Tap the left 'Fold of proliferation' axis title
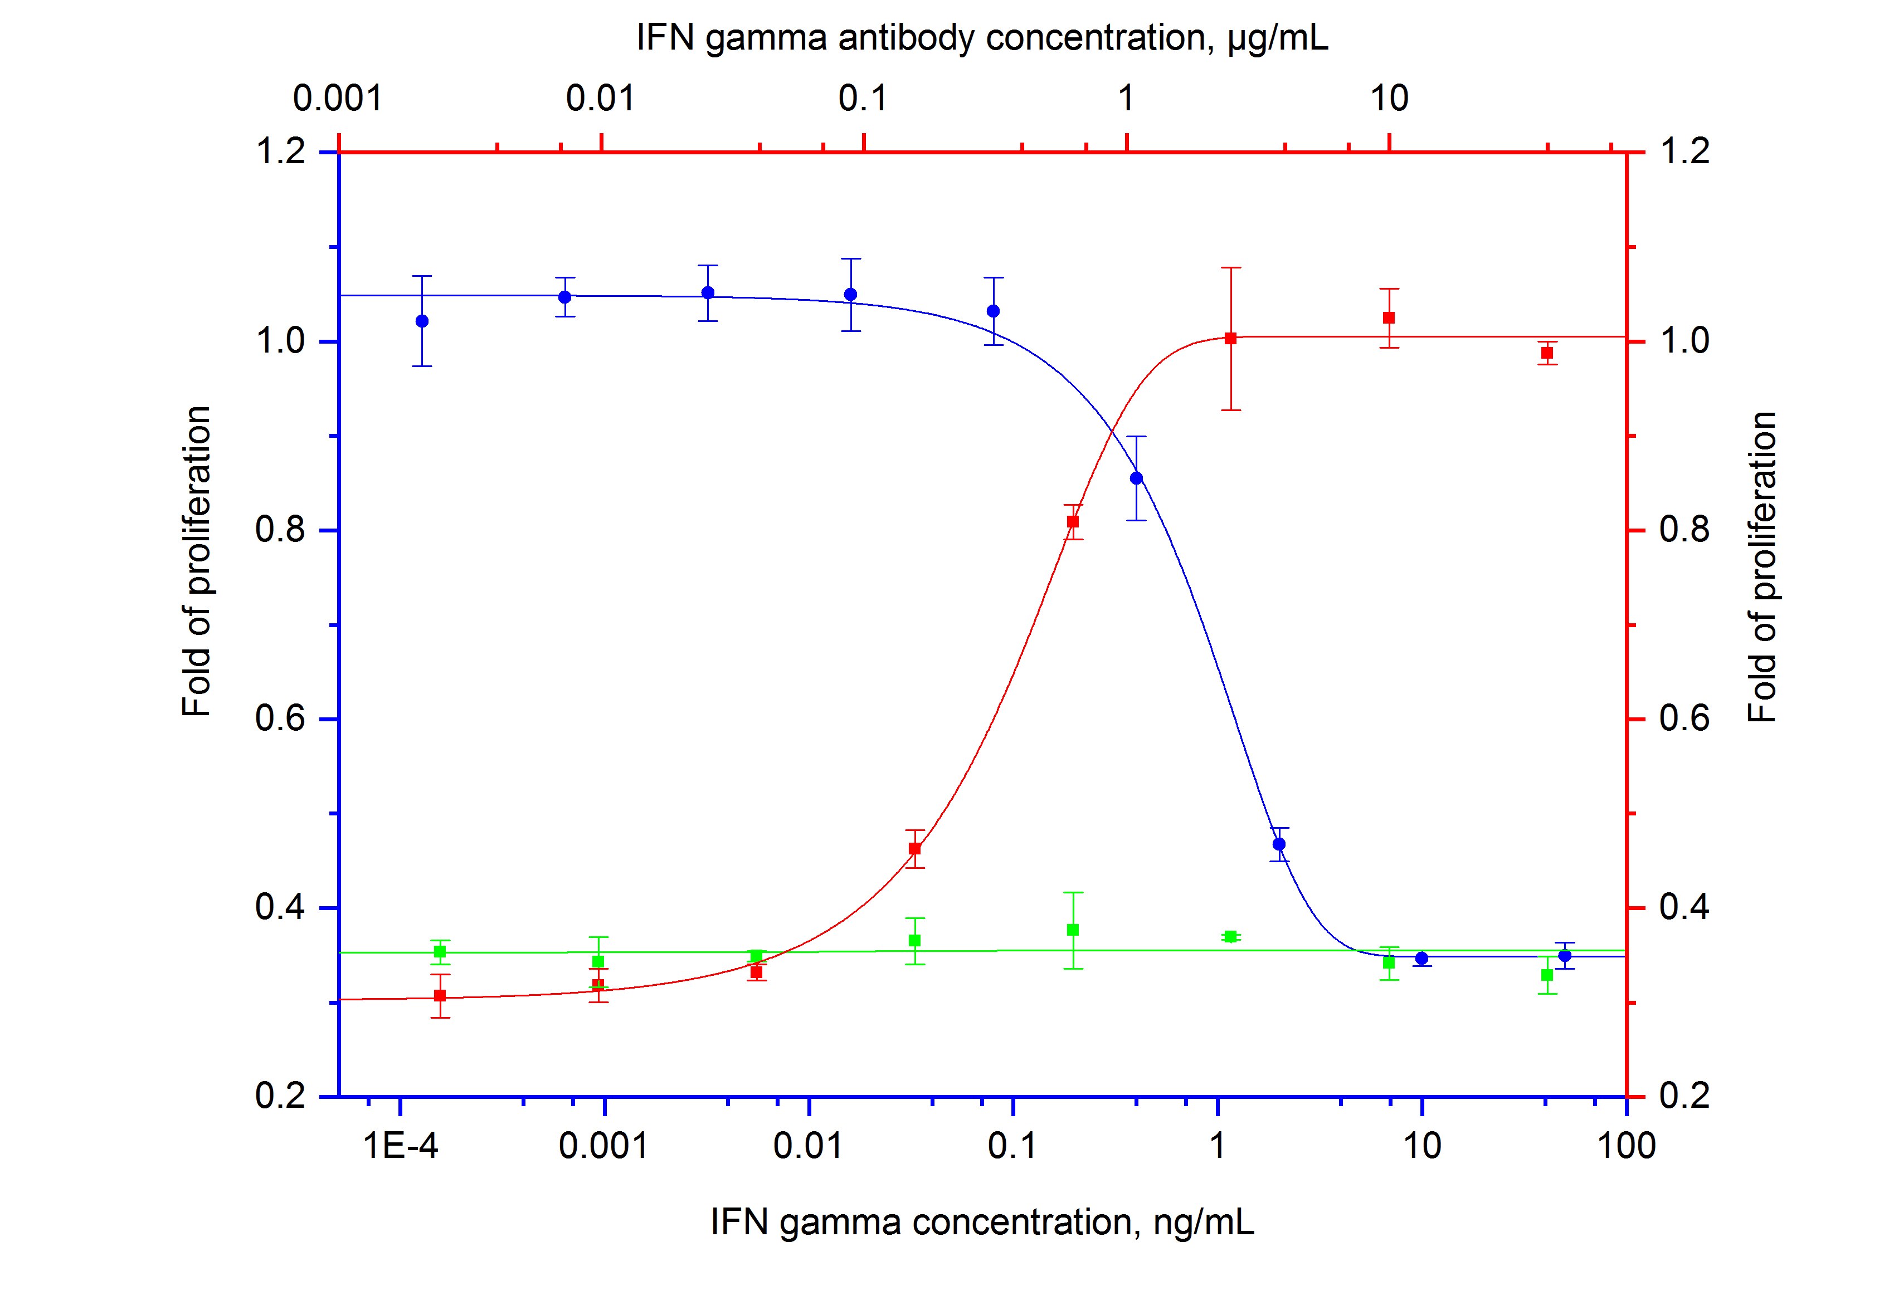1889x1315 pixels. pyautogui.click(x=197, y=561)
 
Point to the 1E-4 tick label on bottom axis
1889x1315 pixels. pyautogui.click(x=400, y=1146)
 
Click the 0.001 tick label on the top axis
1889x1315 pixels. pyautogui.click(x=338, y=100)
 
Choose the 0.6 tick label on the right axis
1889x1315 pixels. pyautogui.click(x=1684, y=719)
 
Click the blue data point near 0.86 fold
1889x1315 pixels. pyautogui.click(x=1136, y=478)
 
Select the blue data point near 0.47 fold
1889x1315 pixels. pyautogui.click(x=1278, y=844)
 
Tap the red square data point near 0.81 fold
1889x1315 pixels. pyautogui.click(x=1073, y=521)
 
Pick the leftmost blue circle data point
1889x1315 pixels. pyautogui.click(x=422, y=321)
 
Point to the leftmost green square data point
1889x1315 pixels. pyautogui.click(x=440, y=951)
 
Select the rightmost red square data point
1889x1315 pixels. pyautogui.click(x=1547, y=353)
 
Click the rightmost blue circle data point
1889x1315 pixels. pyautogui.click(x=1565, y=956)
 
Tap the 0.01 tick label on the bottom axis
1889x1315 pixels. pyautogui.click(x=809, y=1146)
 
